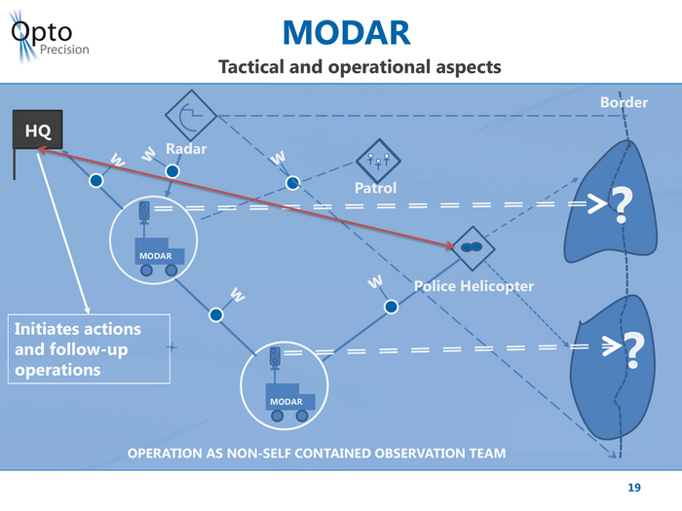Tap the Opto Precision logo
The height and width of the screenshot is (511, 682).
click(49, 39)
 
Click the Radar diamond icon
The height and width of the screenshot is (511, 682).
click(189, 115)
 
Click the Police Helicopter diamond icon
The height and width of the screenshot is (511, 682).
click(473, 247)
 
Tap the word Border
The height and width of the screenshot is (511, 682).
click(624, 102)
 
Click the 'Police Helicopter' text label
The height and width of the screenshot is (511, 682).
click(474, 286)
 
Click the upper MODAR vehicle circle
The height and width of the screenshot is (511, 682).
click(156, 239)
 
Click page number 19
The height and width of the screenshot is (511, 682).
click(634, 487)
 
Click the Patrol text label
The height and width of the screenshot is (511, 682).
click(375, 187)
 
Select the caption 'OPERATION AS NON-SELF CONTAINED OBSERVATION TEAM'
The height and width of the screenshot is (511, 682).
click(318, 454)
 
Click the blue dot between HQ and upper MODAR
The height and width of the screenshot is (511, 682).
click(96, 181)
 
